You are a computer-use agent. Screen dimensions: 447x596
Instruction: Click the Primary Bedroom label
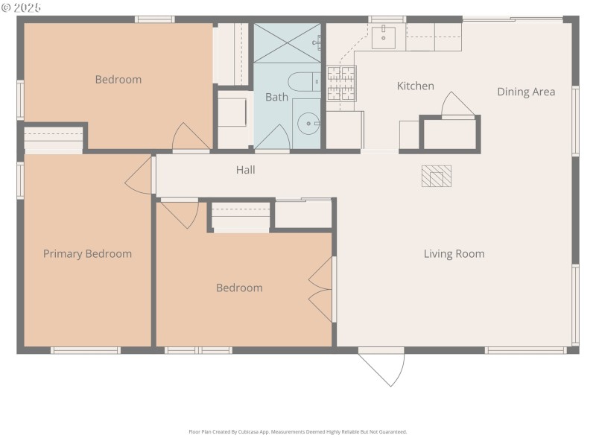(87, 254)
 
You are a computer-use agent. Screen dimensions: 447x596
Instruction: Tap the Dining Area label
(526, 92)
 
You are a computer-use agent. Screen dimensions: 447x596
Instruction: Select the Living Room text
(454, 254)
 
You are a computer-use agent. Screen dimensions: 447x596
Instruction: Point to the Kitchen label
(415, 86)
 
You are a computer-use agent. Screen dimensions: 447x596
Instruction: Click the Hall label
(245, 171)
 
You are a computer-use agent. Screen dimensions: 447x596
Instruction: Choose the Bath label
(276, 97)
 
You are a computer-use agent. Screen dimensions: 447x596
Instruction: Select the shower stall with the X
(287, 42)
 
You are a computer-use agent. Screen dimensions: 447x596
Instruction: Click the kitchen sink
(384, 36)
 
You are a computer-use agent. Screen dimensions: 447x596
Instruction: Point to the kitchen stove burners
(341, 83)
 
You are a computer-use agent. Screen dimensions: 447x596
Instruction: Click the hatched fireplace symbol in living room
(436, 176)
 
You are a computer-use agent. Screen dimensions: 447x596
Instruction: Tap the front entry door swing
(384, 367)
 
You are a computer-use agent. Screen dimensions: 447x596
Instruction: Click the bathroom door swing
(273, 139)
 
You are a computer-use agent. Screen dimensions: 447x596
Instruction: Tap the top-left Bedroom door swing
(189, 137)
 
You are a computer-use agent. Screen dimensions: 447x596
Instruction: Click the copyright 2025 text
(22, 7)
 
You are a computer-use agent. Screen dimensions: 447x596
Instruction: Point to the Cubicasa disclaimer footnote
(298, 431)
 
